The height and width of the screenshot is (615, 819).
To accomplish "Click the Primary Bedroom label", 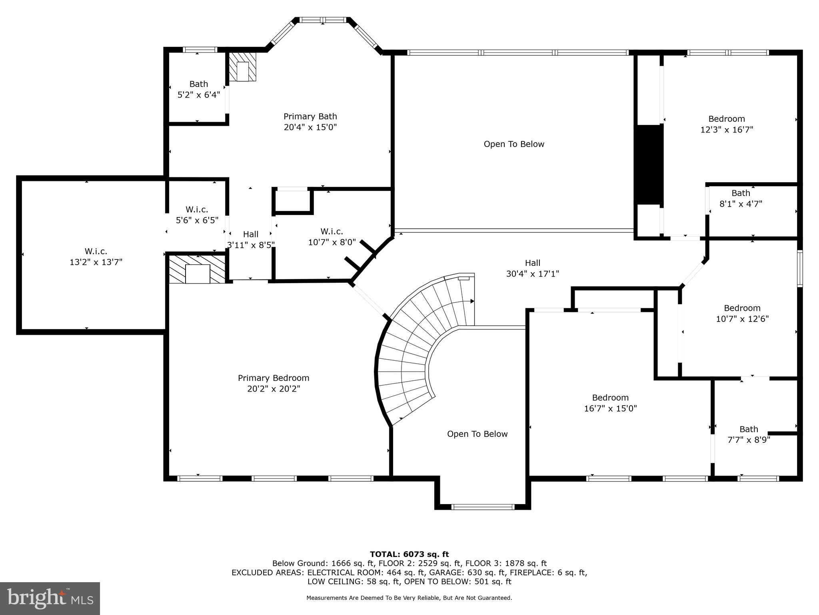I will [274, 378].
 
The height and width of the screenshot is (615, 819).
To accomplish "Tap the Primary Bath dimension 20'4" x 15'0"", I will [310, 127].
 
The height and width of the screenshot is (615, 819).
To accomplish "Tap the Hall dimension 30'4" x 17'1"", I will [532, 274].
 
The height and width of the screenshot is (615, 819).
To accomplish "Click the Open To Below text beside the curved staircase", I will [477, 434].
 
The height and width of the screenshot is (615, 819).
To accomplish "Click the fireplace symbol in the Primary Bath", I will [242, 67].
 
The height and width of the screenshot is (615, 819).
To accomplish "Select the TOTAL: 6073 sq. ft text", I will [409, 554].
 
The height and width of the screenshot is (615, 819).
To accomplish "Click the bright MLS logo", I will [50, 598].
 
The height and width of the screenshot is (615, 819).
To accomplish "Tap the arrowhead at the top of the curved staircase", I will [472, 301].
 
